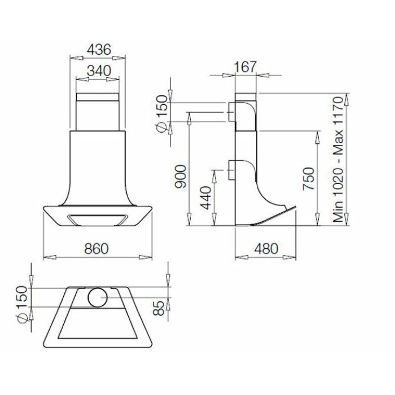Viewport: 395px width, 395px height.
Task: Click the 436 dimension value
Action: click(99, 50)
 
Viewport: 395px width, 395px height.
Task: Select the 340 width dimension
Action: click(99, 71)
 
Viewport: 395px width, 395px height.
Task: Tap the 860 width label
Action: click(96, 249)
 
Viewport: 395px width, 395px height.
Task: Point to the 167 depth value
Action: click(245, 67)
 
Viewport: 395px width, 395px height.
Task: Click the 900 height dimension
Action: click(181, 176)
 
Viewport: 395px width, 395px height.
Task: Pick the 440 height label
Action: click(206, 198)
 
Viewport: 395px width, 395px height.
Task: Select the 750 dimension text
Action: click(309, 179)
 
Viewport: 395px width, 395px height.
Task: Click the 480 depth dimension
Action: click(266, 249)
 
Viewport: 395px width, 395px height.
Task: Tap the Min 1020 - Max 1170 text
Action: click(338, 159)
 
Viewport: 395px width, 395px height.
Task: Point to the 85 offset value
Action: click(159, 308)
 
